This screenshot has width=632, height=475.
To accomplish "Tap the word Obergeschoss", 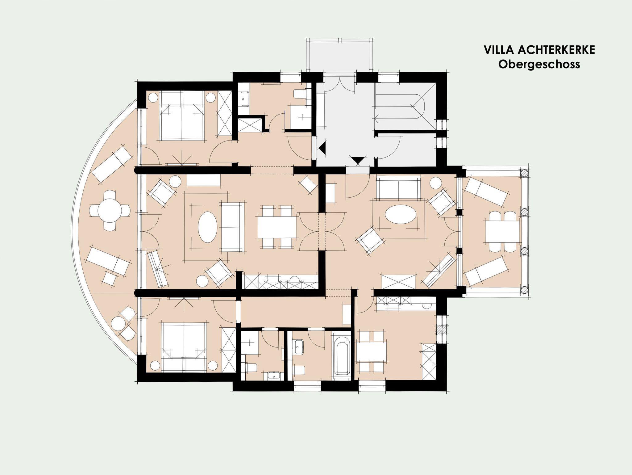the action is click(539, 64).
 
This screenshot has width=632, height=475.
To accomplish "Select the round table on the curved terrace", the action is click(110, 211).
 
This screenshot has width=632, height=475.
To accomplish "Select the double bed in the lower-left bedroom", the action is click(184, 347).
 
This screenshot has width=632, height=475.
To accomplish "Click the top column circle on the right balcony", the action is click(524, 173).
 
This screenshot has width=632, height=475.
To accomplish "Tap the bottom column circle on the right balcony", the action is click(524, 290).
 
